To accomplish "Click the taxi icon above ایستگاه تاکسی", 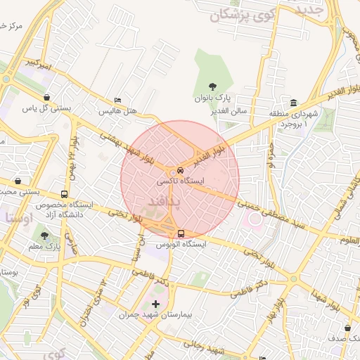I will [181, 170].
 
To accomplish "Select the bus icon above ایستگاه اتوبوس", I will [181, 233].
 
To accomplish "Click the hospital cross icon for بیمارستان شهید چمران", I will [155, 304].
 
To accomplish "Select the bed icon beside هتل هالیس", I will [117, 101].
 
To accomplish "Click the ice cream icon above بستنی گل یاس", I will [47, 97].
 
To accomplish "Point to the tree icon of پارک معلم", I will [46, 236].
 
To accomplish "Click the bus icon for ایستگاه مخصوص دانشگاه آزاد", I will [64, 194].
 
